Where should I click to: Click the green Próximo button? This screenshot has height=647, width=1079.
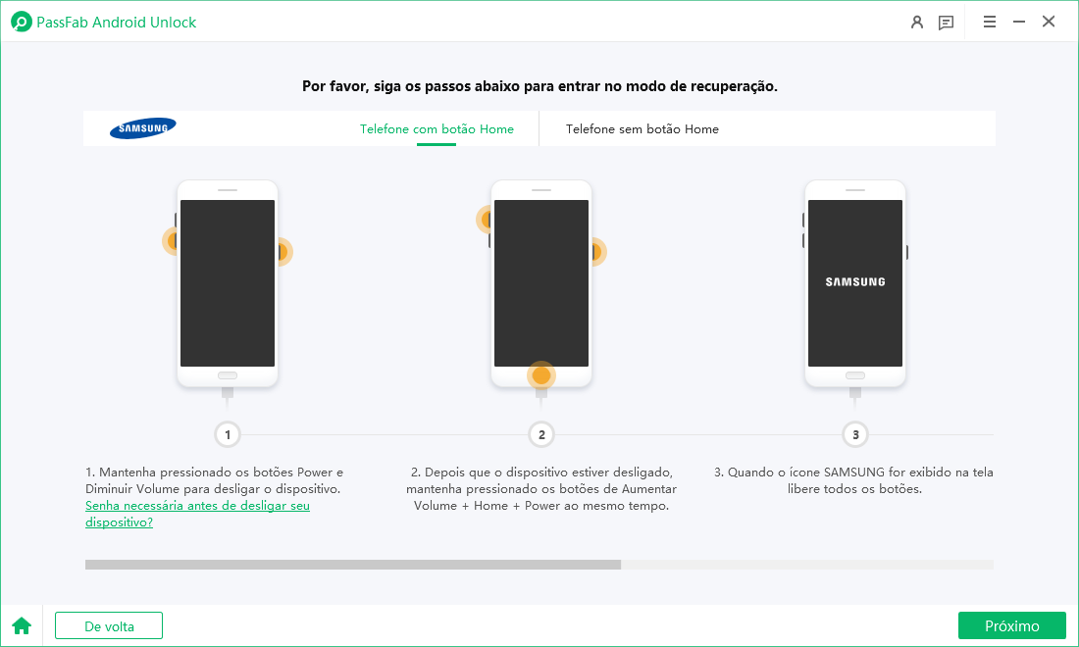coord(1011,625)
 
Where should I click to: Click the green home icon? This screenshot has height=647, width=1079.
coord(21,625)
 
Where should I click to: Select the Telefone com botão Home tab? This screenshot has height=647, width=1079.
coord(437,129)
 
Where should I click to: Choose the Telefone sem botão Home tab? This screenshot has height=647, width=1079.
coord(642,129)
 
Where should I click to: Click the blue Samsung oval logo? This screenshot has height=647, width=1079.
coord(143,128)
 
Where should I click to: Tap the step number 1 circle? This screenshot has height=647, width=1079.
coord(228,434)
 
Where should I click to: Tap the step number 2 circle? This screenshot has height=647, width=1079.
coord(541,434)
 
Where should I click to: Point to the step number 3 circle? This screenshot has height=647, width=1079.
coord(855,434)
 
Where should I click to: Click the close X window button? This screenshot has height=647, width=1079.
coord(1049,22)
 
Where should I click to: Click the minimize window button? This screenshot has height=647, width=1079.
coord(1019,22)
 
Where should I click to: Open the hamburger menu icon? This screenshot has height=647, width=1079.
coord(990,22)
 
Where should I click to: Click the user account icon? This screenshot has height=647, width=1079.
coord(917,22)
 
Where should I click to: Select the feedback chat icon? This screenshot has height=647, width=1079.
coord(946,22)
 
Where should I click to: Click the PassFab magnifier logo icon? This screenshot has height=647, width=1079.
coord(21,22)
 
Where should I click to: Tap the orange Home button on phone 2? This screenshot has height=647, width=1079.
coord(541,375)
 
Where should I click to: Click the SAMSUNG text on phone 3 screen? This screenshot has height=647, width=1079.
coord(854,282)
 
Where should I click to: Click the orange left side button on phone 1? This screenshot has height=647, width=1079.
coord(173,240)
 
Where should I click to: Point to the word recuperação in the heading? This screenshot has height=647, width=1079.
coord(726,86)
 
